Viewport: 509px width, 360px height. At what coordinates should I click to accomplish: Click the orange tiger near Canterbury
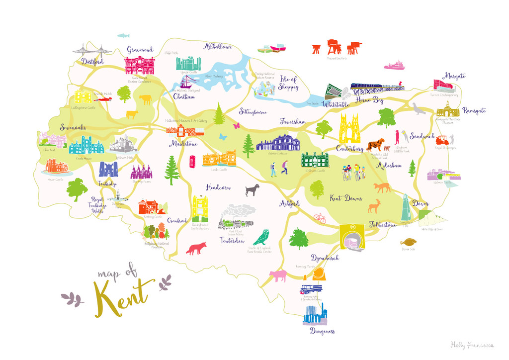pos(376,145)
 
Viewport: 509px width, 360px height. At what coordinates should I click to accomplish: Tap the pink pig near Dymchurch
pos(277,275)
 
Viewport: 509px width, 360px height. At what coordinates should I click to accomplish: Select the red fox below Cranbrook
pos(196,248)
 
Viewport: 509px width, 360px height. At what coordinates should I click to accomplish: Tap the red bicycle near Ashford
pos(320,218)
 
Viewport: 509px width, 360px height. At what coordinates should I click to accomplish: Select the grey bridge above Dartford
pos(92,50)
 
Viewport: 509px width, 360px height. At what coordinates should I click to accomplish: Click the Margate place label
pos(455,76)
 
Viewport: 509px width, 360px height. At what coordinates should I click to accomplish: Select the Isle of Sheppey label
pos(289,84)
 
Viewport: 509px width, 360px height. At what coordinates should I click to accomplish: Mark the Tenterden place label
pos(232,241)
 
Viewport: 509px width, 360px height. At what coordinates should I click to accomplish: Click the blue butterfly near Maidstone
pos(223,136)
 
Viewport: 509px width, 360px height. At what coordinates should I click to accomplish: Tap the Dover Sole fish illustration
pos(409,242)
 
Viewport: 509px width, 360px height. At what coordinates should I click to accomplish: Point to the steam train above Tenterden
pos(234,218)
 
